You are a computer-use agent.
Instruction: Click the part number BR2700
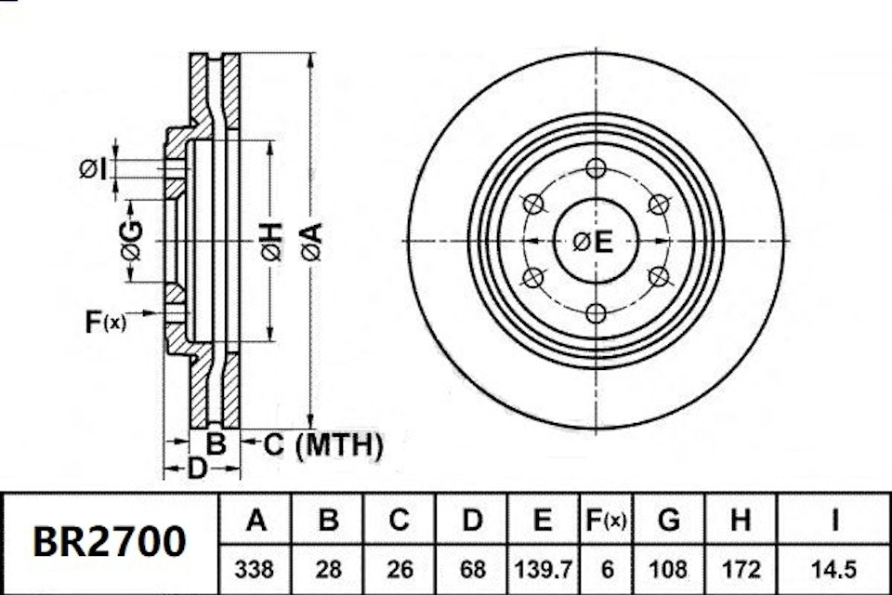click(110, 541)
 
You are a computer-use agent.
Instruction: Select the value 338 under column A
click(256, 568)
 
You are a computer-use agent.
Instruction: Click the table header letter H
click(740, 521)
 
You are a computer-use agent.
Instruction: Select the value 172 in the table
click(740, 568)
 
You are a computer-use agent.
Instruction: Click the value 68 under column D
click(472, 568)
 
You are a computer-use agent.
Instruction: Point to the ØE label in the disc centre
click(593, 242)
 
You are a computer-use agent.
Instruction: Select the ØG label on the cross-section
click(132, 241)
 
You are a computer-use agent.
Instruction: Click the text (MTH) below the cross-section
click(338, 446)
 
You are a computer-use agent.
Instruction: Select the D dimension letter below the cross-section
click(196, 469)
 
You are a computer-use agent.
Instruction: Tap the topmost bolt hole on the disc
click(596, 168)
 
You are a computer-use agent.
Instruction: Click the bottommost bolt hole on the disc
click(596, 313)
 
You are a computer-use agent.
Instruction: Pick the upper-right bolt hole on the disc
click(658, 205)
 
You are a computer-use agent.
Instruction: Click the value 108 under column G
click(669, 568)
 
